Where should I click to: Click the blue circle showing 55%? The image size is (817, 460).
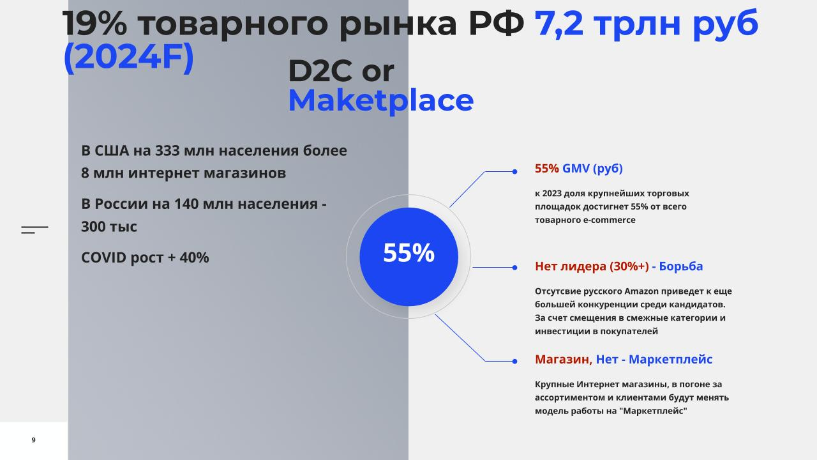[x=408, y=257]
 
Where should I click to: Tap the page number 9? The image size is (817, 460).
[x=34, y=440]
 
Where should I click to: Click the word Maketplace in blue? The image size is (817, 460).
[x=381, y=101]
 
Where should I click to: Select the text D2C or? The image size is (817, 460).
[x=341, y=70]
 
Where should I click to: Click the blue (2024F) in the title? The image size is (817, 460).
[x=128, y=57]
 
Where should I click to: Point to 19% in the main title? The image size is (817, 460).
[x=95, y=24]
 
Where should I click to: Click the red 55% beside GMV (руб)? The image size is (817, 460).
[x=547, y=168]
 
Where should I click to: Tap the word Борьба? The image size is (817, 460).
[x=680, y=266]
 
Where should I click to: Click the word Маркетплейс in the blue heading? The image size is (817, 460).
[x=670, y=359]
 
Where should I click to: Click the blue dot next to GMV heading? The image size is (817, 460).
[x=514, y=172]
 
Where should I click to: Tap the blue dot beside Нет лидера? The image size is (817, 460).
[x=514, y=268]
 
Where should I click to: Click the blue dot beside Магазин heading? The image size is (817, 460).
[x=514, y=362]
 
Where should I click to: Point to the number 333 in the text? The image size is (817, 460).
[x=167, y=150]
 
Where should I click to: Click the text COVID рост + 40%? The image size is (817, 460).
[x=145, y=257]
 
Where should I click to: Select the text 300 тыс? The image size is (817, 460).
[x=109, y=227]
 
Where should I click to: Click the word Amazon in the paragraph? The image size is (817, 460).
[x=641, y=291]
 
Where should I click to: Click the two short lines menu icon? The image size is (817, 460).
[x=34, y=229]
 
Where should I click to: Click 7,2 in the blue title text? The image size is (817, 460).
[x=558, y=24]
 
